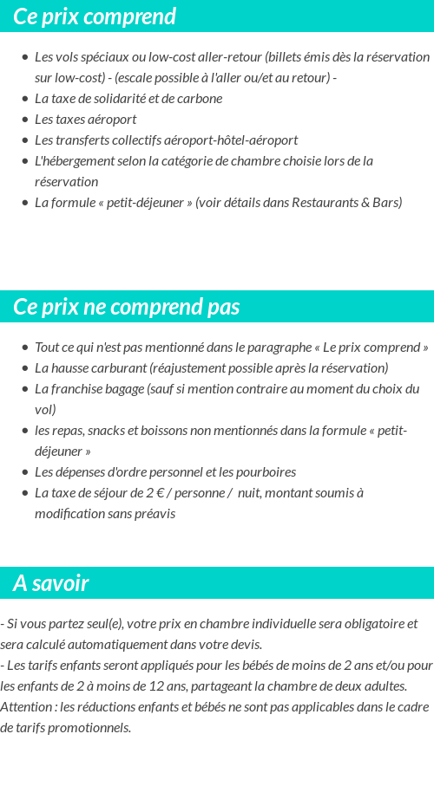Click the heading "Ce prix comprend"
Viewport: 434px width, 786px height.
pos(95,16)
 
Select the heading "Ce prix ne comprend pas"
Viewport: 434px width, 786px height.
pos(127,307)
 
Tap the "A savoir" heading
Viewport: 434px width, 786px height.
pos(51,583)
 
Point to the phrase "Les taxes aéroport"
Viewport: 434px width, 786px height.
pos(85,120)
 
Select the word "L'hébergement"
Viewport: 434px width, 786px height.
pos(72,161)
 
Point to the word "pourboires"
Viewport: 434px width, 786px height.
pos(266,472)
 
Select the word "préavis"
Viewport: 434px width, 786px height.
pos(154,514)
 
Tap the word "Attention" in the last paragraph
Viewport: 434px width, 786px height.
pos(26,706)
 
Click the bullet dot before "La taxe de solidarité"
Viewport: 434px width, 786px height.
pos(25,99)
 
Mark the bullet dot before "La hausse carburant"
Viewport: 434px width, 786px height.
pos(25,368)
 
